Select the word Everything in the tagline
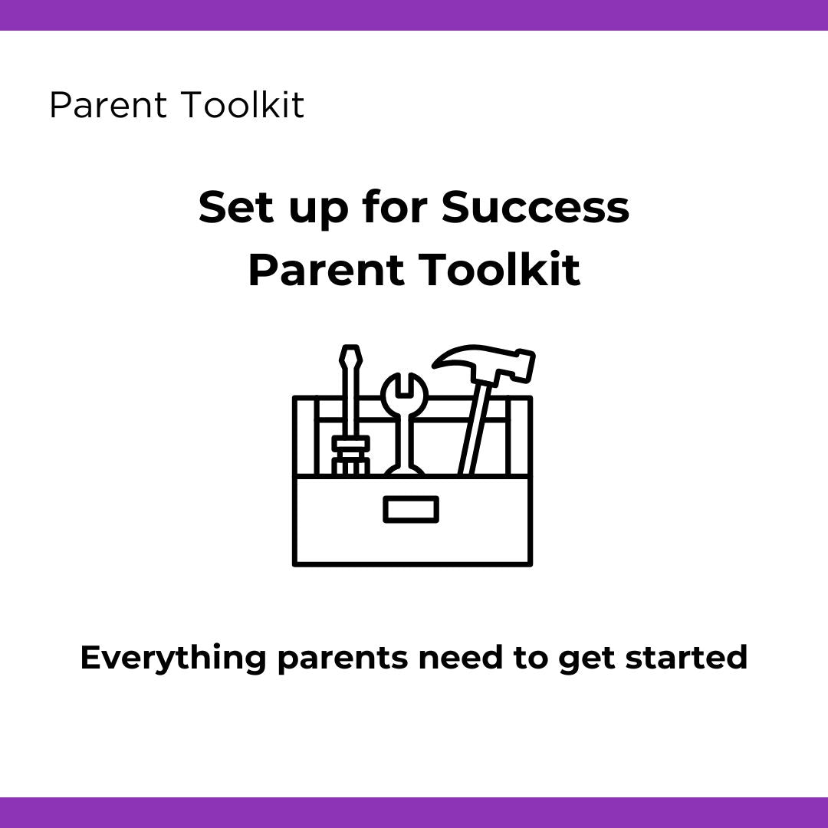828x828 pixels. [172, 658]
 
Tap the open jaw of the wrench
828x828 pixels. [404, 383]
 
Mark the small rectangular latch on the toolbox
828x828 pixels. [411, 509]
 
